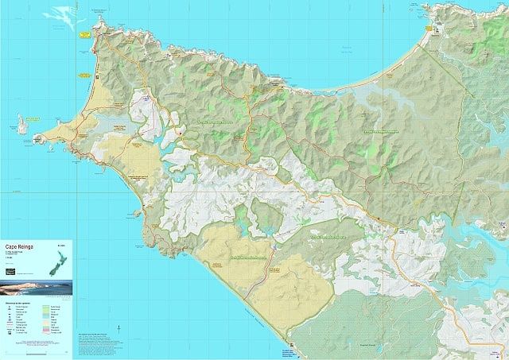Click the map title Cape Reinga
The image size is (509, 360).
[x=21, y=246]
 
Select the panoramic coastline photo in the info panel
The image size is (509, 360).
[x=37, y=286]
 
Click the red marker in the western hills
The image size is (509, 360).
[x=181, y=133]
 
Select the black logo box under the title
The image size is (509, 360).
[x=10, y=271]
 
